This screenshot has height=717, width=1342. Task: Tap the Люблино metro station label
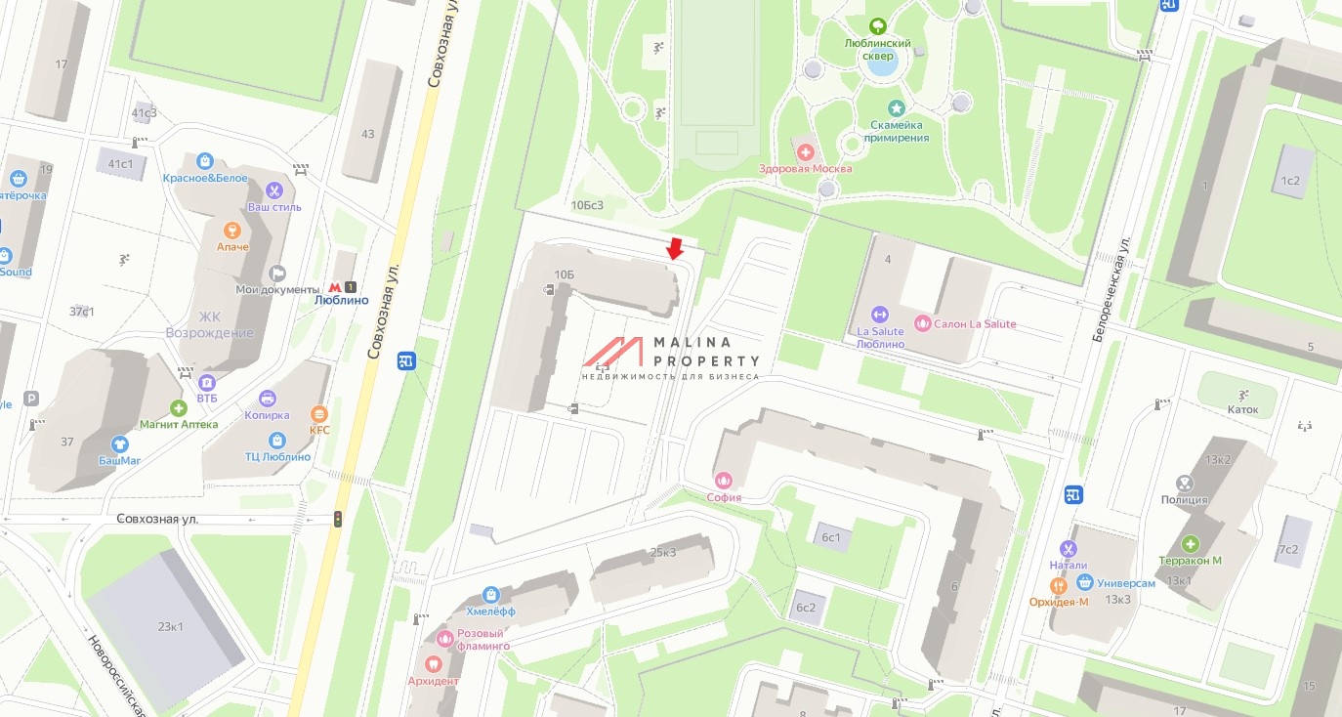[x=342, y=300]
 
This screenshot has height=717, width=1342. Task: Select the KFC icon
[x=318, y=413]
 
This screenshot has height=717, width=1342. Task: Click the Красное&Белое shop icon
[x=205, y=161]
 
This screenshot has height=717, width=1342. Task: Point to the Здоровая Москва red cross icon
[x=806, y=152]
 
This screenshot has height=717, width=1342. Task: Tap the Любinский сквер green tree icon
[x=877, y=26]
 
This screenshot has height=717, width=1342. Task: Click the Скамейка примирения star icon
[x=896, y=108]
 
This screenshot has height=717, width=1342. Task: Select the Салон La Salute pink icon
[x=922, y=323]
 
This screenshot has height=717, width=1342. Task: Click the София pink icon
[x=724, y=480]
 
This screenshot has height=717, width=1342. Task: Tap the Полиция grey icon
[x=1184, y=484]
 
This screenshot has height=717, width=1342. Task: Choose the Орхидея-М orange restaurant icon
[x=1058, y=586]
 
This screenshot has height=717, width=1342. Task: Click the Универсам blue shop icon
[x=1083, y=582]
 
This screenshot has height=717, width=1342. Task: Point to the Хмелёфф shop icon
[x=490, y=594]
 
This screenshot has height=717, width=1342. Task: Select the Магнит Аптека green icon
[x=178, y=408]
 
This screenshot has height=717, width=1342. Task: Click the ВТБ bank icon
[x=206, y=382]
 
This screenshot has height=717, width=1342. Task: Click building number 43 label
[x=368, y=134]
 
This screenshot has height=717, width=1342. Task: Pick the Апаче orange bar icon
[x=232, y=231]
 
